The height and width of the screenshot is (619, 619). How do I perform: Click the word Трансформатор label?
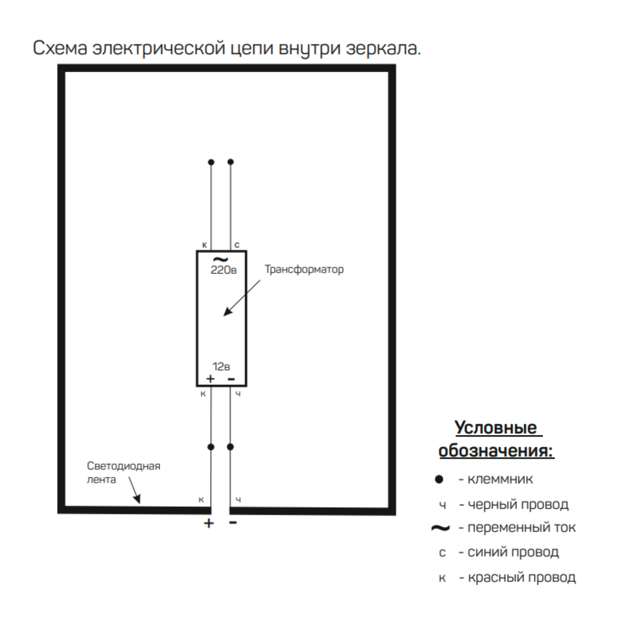pyautogui.click(x=304, y=269)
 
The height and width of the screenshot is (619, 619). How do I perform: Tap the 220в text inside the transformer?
pyautogui.click(x=224, y=270)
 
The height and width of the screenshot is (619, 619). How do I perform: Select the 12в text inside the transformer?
pyautogui.click(x=221, y=366)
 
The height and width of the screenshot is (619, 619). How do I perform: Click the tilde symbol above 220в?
pyautogui.click(x=220, y=260)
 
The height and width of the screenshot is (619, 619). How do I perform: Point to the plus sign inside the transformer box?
pyautogui.click(x=210, y=378)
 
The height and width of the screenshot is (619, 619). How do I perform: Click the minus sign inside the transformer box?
pyautogui.click(x=232, y=379)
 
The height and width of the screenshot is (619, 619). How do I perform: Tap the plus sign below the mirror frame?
pyautogui.click(x=209, y=523)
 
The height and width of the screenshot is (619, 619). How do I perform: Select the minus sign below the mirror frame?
pyautogui.click(x=233, y=523)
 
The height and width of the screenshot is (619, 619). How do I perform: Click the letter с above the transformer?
pyautogui.click(x=237, y=245)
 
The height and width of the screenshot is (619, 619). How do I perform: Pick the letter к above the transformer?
pyautogui.click(x=204, y=245)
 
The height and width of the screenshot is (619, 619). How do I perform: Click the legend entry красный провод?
pyautogui.click(x=522, y=577)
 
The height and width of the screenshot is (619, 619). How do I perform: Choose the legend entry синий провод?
pyautogui.click(x=513, y=552)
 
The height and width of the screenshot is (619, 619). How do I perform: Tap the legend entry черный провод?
pyautogui.click(x=518, y=504)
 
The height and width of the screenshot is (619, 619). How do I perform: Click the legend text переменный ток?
pyautogui.click(x=521, y=527)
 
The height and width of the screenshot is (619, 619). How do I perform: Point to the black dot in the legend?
pyautogui.click(x=439, y=479)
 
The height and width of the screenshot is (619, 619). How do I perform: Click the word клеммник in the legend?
pyautogui.click(x=500, y=479)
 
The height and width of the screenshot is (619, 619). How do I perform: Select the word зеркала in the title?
pyautogui.click(x=383, y=48)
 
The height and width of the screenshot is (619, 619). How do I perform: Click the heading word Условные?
pyautogui.click(x=496, y=428)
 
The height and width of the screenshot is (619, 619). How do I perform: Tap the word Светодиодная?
pyautogui.click(x=123, y=466)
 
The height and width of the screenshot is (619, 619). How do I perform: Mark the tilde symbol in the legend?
pyautogui.click(x=440, y=528)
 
